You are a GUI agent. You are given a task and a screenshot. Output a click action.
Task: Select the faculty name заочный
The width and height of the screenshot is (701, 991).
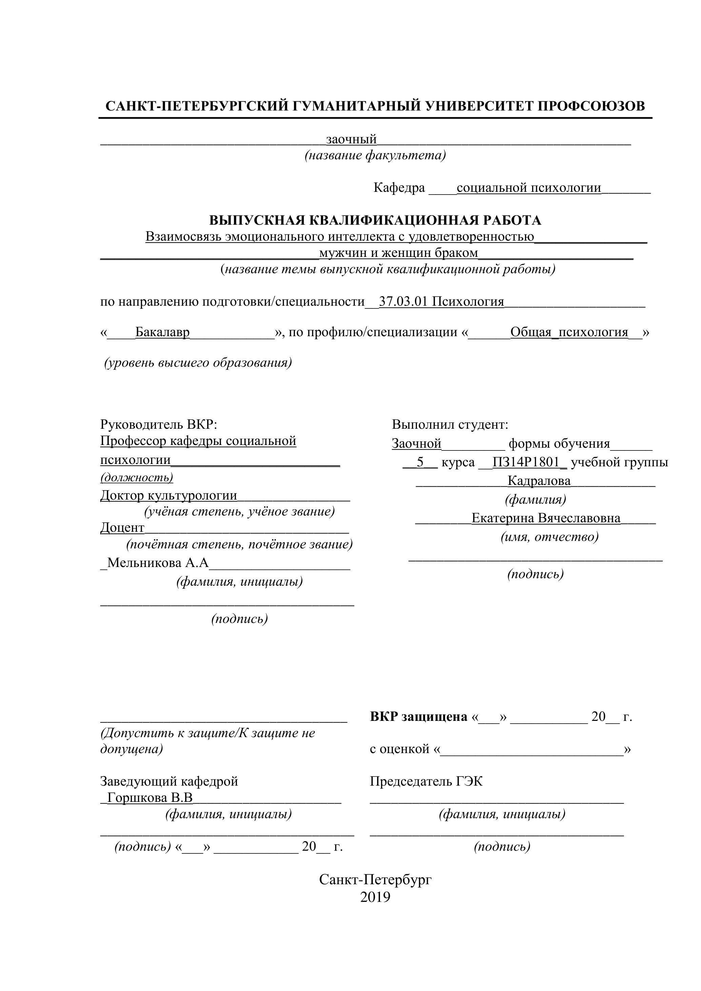[x=352, y=139]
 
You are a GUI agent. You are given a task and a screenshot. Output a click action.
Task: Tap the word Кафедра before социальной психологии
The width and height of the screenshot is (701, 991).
[x=399, y=188]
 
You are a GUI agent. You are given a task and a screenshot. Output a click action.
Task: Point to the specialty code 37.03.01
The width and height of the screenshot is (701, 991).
[x=403, y=301]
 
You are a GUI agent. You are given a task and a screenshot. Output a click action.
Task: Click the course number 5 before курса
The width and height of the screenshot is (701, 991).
[x=420, y=462]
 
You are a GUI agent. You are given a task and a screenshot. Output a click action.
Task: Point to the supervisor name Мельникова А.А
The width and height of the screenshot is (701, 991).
[x=158, y=563]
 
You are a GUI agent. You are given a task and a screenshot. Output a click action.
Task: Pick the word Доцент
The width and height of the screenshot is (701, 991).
[x=122, y=527]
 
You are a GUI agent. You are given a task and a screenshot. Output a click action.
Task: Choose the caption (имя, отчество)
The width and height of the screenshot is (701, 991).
[x=549, y=537]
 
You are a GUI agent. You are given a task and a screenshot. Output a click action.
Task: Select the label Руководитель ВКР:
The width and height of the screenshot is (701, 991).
[x=158, y=424]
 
